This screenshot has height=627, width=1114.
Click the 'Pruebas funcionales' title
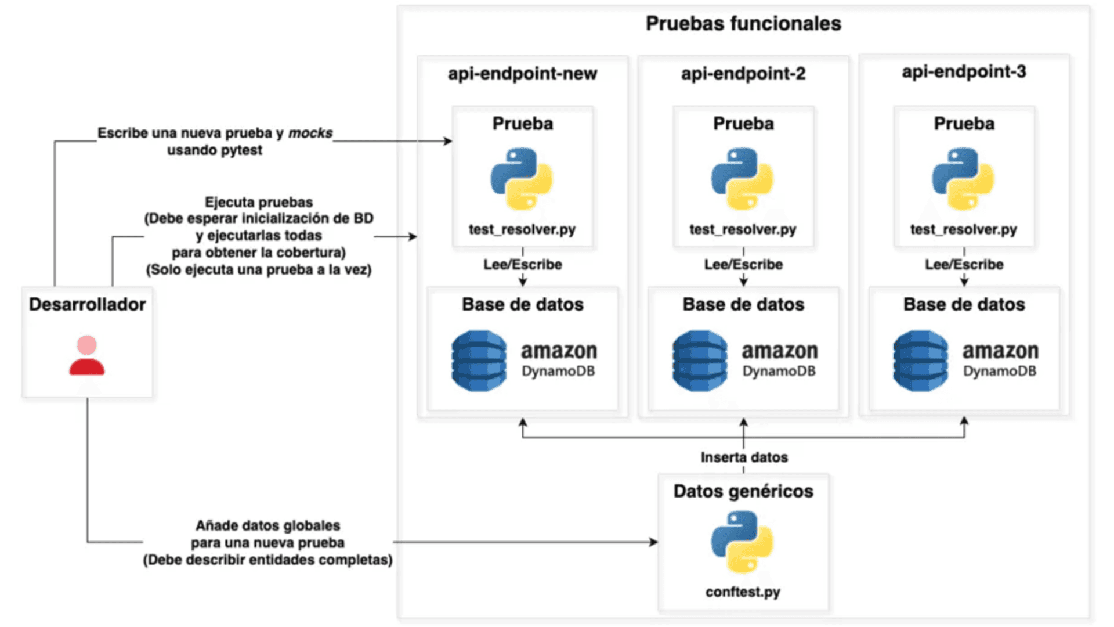(743, 23)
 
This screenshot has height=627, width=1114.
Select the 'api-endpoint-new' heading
(522, 74)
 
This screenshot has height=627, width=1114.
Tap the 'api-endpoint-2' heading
(743, 74)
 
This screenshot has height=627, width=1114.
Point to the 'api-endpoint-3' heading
(964, 72)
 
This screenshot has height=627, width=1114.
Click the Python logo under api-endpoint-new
(522, 178)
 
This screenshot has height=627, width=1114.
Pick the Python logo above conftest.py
(742, 541)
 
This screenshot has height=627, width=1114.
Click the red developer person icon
(87, 355)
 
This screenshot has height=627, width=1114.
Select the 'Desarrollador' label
(87, 304)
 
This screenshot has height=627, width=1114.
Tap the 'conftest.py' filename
(743, 592)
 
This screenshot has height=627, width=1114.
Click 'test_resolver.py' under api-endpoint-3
(964, 230)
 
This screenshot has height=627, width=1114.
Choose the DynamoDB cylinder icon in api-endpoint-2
(700, 361)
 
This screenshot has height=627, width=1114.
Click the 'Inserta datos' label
(744, 457)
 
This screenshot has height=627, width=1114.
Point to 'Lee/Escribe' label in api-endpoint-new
(523, 265)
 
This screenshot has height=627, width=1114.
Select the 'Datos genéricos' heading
(743, 491)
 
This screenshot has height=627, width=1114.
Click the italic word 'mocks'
(310, 133)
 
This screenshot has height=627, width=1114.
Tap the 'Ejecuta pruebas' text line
(259, 202)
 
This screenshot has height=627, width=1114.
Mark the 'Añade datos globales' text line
(267, 526)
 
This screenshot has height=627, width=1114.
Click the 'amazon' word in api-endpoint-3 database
(1001, 351)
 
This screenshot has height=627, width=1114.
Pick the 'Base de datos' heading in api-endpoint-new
(523, 304)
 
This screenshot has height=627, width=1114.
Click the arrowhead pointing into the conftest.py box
(654, 542)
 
